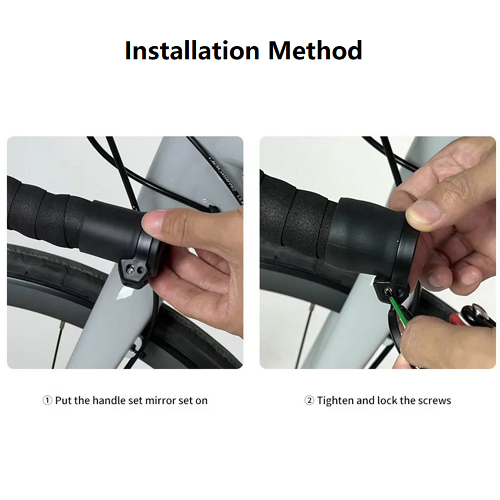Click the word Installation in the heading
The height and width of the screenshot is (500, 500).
[192, 51]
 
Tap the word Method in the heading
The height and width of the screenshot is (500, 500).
[315, 51]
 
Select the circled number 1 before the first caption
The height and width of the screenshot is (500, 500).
[47, 400]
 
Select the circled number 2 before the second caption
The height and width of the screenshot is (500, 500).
[309, 400]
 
